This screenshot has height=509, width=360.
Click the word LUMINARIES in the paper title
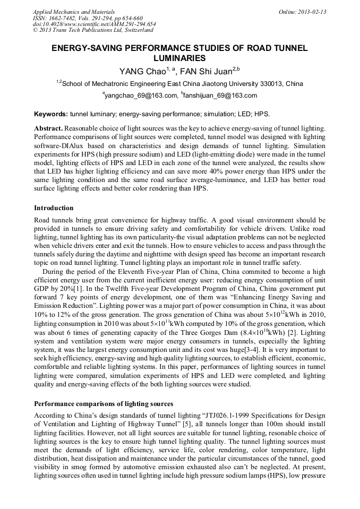pos(179,58)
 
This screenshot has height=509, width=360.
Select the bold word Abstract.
pos(49,128)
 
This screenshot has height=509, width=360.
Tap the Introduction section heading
pos(54,208)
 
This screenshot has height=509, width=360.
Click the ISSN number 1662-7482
pos(64,18)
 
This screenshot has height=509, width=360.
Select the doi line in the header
pos(94,24)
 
